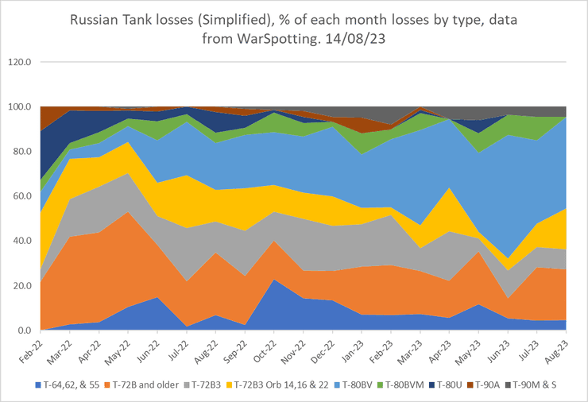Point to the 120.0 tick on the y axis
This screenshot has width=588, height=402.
[x=19, y=62]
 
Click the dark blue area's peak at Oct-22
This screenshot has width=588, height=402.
[x=275, y=280]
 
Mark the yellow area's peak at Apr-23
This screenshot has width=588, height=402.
[x=449, y=188]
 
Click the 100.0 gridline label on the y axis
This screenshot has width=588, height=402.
[x=19, y=106]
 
